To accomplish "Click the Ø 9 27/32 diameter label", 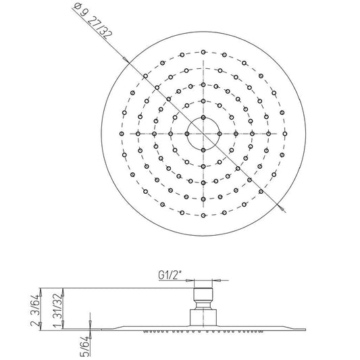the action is pos(93,22).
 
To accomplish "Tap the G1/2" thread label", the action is pos(170,275).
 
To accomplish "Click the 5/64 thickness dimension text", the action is pos(85,346).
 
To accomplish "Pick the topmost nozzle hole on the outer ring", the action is pos(203,53).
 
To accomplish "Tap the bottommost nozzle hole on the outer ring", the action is pos(203,215).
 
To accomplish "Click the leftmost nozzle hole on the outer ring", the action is pos(122,134).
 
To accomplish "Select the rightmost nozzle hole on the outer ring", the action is pos(285,134).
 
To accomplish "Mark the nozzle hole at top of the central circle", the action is pos(203,118).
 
